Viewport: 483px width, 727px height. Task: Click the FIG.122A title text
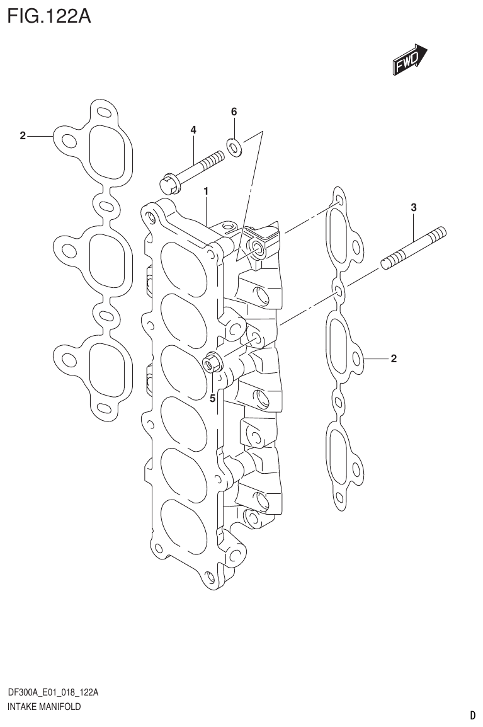[x=48, y=15]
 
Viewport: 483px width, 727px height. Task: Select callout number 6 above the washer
[x=234, y=112]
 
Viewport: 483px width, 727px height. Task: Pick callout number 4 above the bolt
[x=193, y=130]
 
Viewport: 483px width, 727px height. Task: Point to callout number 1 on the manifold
[x=206, y=190]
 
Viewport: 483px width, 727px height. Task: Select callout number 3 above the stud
[x=413, y=207]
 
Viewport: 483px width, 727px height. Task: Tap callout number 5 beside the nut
[x=212, y=398]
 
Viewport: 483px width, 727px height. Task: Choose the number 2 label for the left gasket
[x=23, y=135]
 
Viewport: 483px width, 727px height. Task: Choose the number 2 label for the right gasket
[x=394, y=360]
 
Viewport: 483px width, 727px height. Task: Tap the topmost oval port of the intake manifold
[x=184, y=268]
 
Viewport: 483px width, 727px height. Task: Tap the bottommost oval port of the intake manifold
[x=185, y=530]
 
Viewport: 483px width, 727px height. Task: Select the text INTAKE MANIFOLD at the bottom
[x=44, y=707]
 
